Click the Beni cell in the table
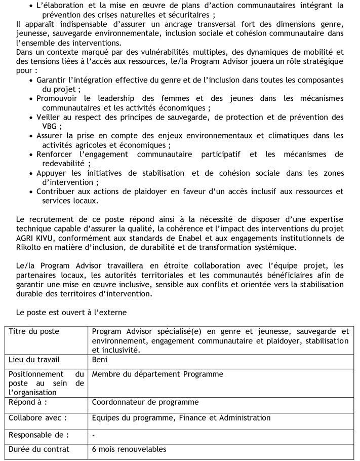coord(100,360)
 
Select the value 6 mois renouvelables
coord(129,449)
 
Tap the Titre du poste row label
coord(34,331)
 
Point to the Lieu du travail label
coord(34,360)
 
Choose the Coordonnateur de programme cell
coord(145,402)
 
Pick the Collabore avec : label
coord(38,418)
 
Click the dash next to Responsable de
coord(94,435)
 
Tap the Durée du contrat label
coord(39,449)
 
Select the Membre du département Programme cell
coord(157,374)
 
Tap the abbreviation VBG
coord(50,126)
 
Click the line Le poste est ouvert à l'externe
coord(71,312)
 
